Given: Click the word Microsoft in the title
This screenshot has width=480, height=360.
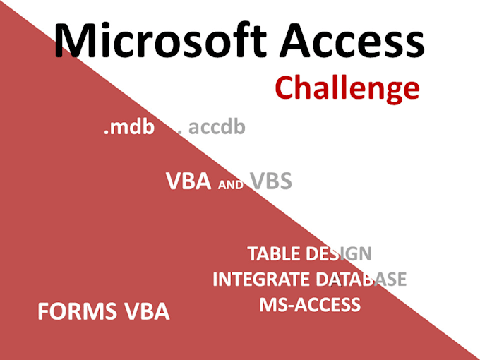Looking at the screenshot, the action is pos(160,40).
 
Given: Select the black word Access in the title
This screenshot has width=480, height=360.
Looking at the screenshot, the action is pos(352,40).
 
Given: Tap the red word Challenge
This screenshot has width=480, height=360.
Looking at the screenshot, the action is pos(347,88).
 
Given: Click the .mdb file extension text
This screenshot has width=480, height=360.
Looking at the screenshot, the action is pos(129,127).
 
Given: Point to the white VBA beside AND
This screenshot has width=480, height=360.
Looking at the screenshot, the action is pos(188,181).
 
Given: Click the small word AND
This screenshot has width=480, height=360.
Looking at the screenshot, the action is pos(231,185).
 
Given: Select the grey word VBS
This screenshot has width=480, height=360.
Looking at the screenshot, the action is pos(270,181).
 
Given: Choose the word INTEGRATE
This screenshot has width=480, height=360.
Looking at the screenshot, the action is pos(261,279).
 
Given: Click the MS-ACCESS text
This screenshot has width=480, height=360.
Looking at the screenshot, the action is pos(310,304).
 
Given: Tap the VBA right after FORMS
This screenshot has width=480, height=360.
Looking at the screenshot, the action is pos(147,311).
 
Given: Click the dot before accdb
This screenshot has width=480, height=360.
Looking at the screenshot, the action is pos(180,132).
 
